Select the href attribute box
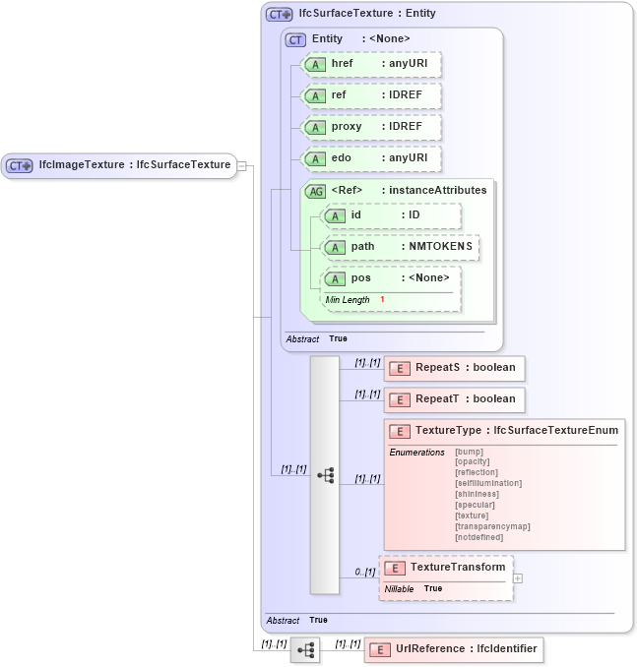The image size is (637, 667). point(370,64)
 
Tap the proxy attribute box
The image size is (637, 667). point(370,127)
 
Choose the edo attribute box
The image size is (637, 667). point(370,158)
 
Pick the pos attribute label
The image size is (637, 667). point(361,278)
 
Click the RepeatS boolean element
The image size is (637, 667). point(454,368)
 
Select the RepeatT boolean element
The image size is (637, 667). point(454,399)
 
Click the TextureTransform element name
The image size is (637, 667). point(458,568)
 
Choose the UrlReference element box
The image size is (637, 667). point(452,650)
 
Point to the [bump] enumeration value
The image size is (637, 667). point(469,452)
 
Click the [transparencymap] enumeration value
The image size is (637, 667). point(492,526)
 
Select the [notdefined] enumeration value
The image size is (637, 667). point(478,537)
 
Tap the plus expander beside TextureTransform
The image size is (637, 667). point(518,578)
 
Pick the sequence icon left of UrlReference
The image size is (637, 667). point(305,650)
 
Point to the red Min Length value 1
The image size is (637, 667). point(382,299)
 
